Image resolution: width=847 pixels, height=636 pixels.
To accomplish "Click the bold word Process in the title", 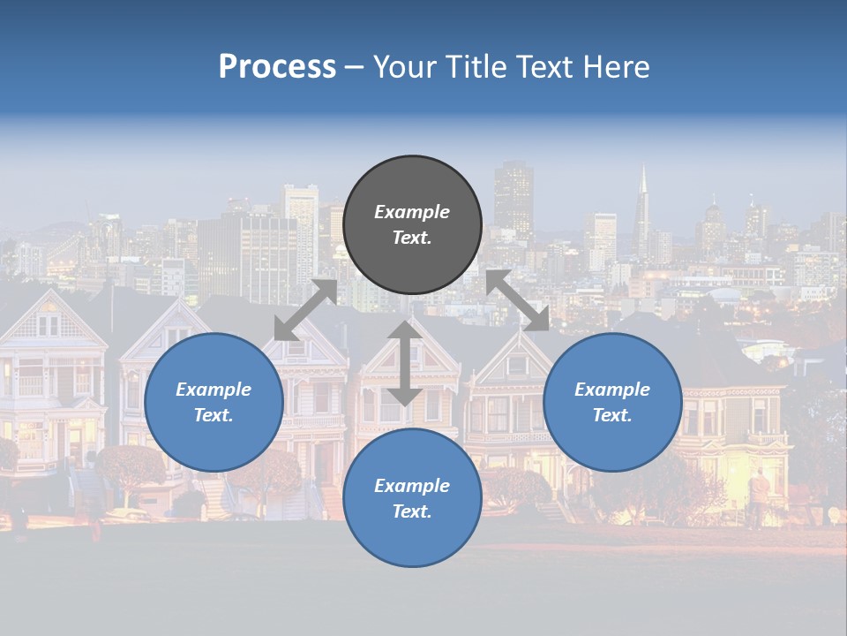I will click(277, 67).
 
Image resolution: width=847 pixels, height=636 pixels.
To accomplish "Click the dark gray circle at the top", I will click(412, 225).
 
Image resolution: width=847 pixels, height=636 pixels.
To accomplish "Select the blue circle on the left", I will click(214, 402).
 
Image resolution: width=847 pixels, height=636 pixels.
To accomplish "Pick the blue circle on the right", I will click(612, 402).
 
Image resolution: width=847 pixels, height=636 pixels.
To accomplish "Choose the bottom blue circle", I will click(412, 497).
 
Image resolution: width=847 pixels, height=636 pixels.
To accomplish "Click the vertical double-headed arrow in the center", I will click(404, 363).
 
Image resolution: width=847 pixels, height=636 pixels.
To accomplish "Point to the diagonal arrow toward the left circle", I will click(305, 310).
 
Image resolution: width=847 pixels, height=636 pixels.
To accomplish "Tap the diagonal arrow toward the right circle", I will click(518, 300).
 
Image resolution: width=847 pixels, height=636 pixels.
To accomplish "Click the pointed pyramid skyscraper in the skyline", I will click(642, 208).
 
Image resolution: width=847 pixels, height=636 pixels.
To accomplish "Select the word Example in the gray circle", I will click(412, 212).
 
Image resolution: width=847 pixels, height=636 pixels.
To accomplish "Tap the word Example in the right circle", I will click(612, 390).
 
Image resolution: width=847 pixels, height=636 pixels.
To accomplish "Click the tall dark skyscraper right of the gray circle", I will click(513, 199).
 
